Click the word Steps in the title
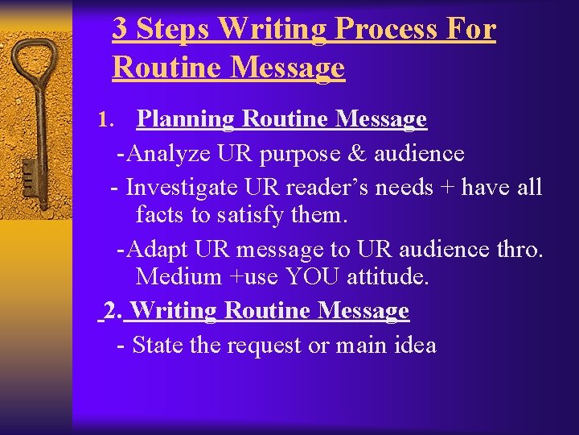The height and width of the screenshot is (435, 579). coord(173,29)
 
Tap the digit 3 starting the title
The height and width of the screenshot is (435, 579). coord(120,29)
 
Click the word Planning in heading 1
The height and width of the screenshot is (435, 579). coord(185,120)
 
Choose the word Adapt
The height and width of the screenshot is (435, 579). coord(158,250)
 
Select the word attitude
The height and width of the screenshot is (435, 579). coord(388,277)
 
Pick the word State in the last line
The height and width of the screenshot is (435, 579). coord(158,346)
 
